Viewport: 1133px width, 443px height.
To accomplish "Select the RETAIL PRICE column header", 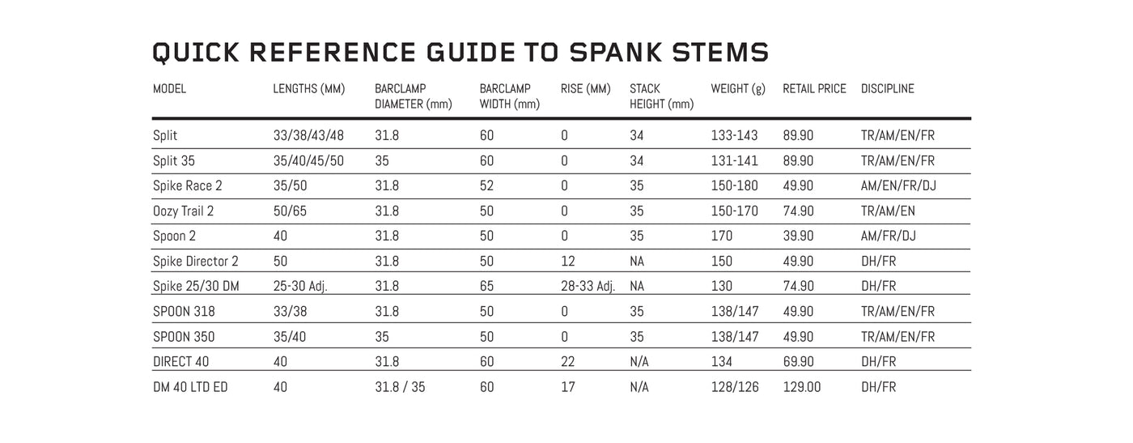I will (814, 89).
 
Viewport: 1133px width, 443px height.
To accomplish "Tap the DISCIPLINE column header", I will (887, 89).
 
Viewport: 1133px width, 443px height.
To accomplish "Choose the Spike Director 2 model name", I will (195, 262).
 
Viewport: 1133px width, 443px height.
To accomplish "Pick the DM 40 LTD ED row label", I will (190, 387).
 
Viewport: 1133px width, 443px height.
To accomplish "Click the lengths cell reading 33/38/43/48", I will (308, 136).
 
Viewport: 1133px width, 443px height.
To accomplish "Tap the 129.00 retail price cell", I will (801, 387).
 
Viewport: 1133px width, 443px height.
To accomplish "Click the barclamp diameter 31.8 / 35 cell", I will (400, 387).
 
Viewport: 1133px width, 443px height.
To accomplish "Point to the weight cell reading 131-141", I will (734, 161).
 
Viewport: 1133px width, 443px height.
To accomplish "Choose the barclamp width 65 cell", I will (487, 287).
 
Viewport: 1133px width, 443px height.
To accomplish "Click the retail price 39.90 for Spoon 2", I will (798, 236).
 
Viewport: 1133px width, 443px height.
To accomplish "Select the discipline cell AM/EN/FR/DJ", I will (899, 186).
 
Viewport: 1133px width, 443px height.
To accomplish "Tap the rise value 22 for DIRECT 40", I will (568, 362).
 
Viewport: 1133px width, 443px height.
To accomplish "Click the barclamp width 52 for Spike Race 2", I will (487, 186).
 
